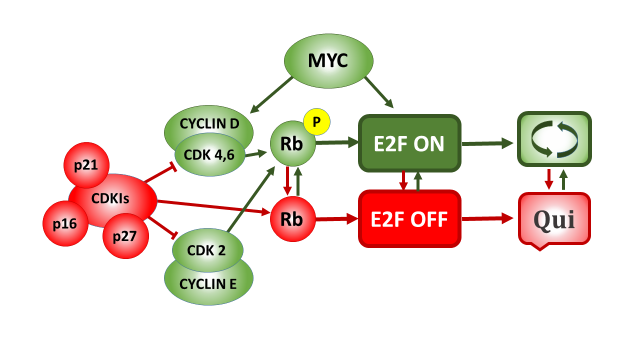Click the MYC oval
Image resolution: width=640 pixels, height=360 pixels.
[328, 60]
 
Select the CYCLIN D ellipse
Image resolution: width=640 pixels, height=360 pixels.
[209, 123]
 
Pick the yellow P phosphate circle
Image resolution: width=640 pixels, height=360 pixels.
[316, 122]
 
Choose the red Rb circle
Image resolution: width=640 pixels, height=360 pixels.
[292, 219]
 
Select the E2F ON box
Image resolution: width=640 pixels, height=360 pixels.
[409, 143]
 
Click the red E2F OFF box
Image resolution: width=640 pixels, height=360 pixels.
[409, 219]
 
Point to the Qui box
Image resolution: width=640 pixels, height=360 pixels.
[554, 219]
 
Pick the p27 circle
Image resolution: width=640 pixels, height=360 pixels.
[125, 236]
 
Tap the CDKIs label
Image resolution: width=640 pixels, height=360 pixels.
[110, 198]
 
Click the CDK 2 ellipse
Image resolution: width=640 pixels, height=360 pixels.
[207, 249]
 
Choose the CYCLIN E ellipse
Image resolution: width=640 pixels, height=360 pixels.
[208, 284]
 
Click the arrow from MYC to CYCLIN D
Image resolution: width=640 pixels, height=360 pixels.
[271, 94]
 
